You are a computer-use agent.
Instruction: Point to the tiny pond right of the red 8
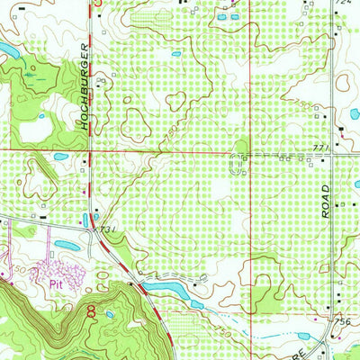(109, 315)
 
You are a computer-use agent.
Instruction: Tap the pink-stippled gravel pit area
(58, 271)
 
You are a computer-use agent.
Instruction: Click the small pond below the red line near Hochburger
(60, 157)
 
